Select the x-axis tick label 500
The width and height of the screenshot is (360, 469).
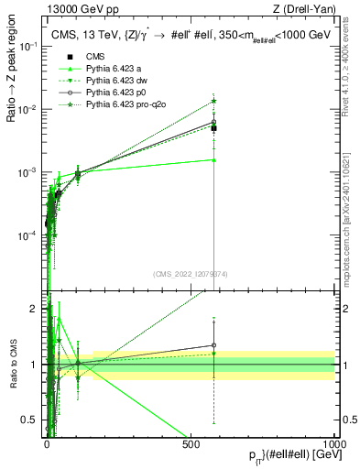[x=191, y=443]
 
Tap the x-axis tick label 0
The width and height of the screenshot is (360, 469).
[x=48, y=443]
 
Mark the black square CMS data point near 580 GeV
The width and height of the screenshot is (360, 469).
[x=213, y=128]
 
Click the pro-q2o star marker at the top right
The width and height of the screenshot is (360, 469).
[x=213, y=101]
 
